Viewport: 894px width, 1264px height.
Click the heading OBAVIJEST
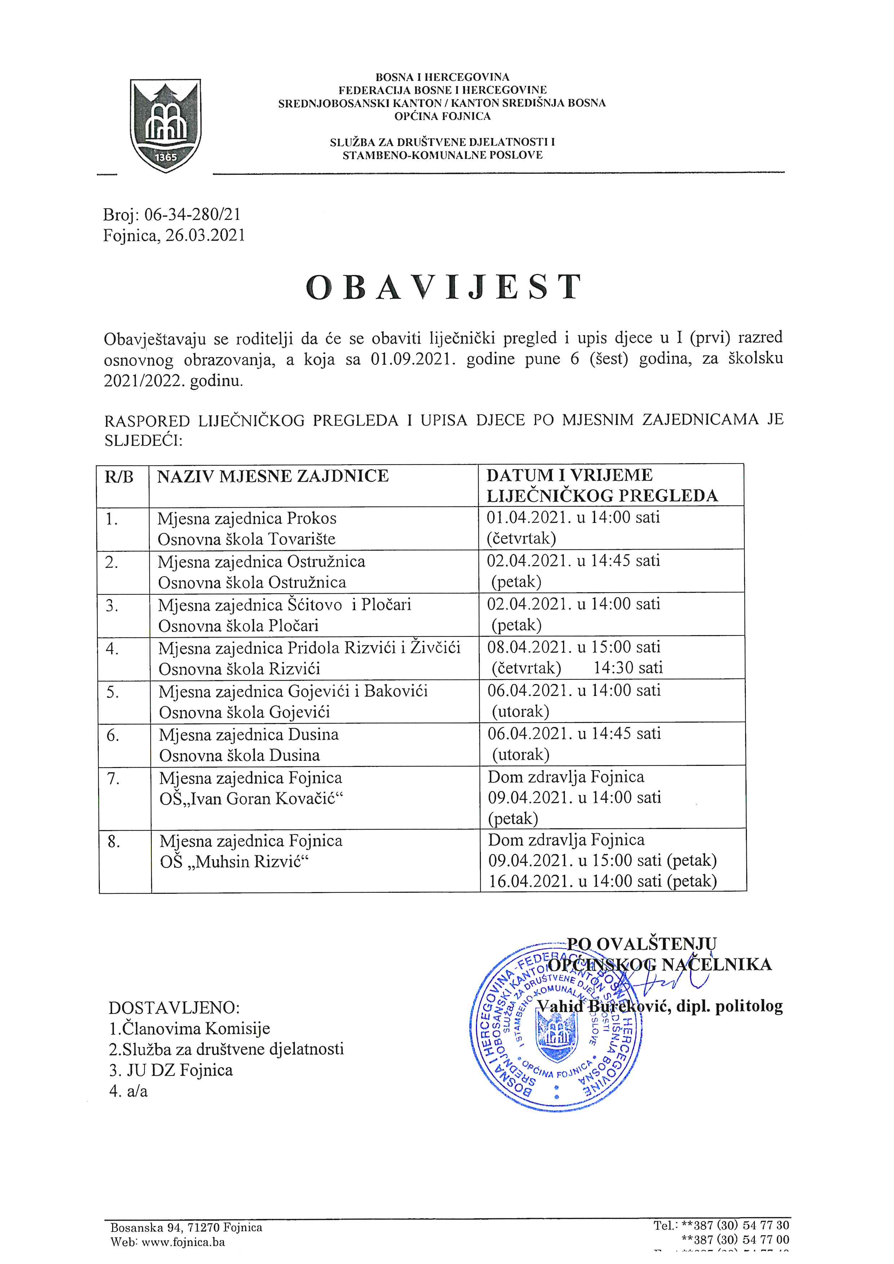[444, 287]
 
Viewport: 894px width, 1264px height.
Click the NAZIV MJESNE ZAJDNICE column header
[273, 476]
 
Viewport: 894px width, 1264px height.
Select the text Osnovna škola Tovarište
[247, 539]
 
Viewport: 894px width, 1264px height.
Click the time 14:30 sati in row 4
[628, 668]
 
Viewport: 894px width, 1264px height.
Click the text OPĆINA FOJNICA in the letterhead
[442, 116]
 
